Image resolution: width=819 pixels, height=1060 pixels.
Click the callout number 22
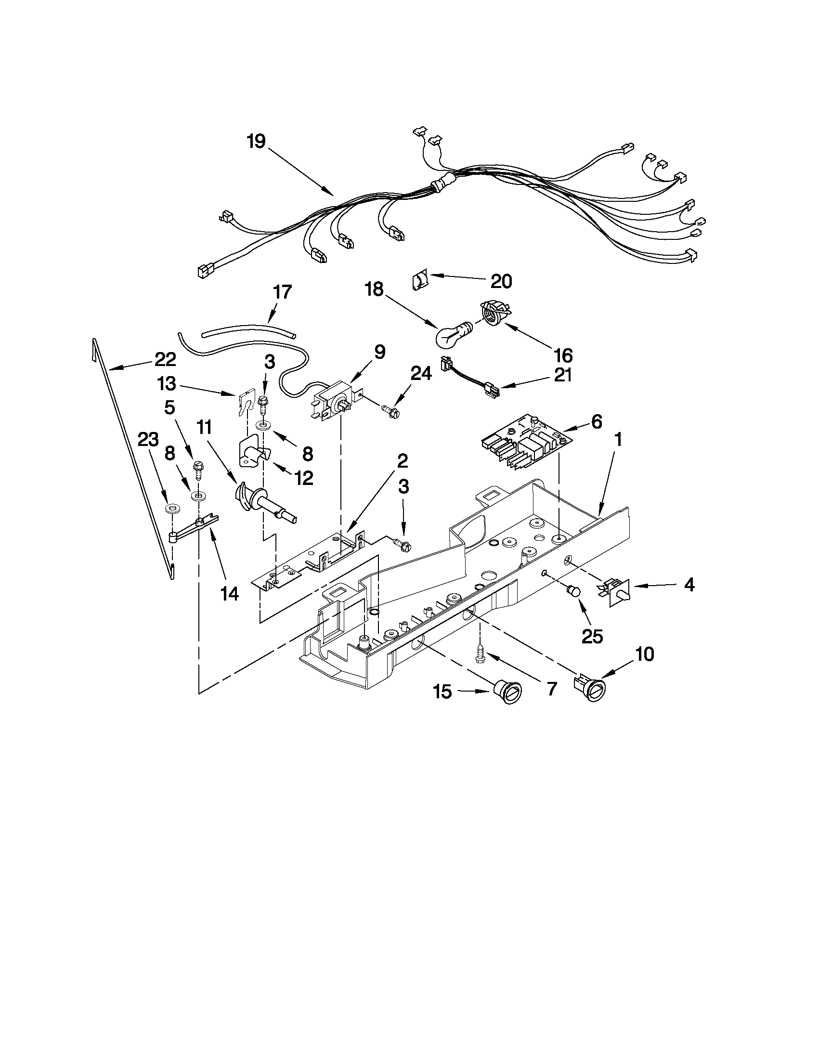pos(165,360)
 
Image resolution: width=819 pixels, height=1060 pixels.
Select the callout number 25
pos(592,635)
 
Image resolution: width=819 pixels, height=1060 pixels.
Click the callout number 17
pos(282,293)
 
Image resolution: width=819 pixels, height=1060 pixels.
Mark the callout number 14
pos(230,593)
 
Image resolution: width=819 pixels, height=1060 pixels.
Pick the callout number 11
pos(204,428)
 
